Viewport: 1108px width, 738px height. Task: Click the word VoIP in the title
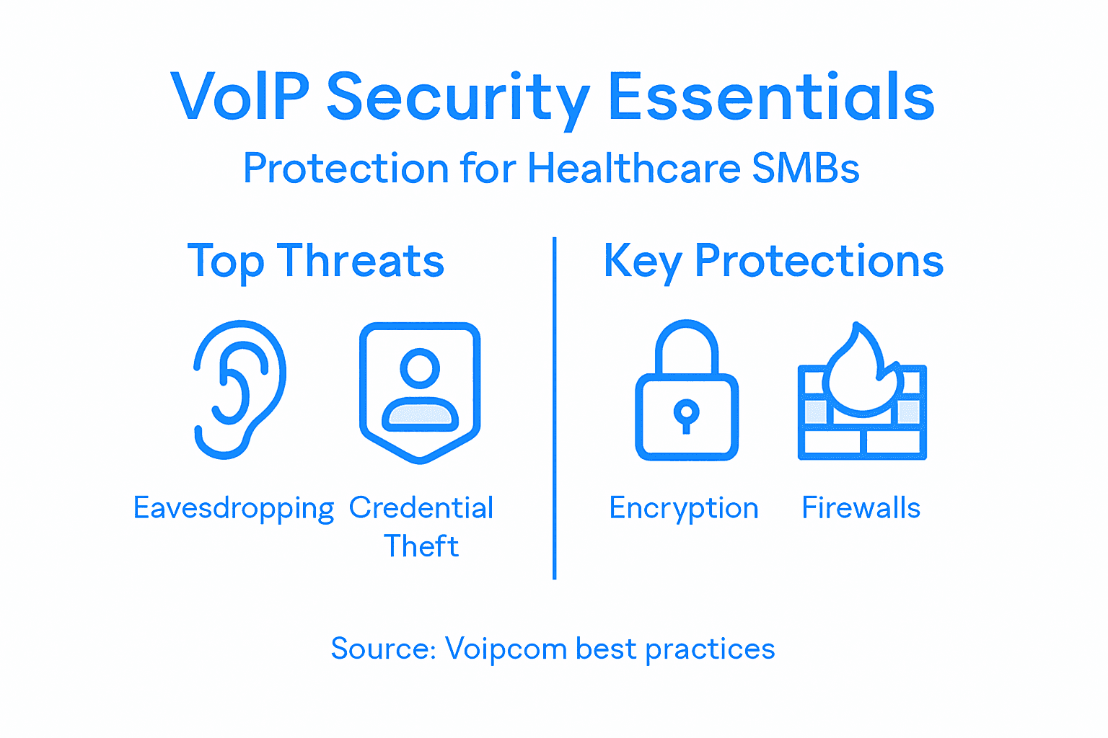click(240, 97)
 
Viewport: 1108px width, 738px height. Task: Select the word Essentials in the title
click(771, 97)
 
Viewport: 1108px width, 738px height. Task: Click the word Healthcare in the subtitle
click(634, 169)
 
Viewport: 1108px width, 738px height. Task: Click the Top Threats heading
click(315, 261)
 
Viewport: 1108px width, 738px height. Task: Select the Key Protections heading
click(773, 261)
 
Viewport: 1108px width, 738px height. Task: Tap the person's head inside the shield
click(420, 368)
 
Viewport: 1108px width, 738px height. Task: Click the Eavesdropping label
click(234, 509)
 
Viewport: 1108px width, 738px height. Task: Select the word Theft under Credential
click(421, 546)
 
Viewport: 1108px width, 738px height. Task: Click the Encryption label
click(683, 509)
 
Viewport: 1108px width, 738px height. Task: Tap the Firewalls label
click(861, 508)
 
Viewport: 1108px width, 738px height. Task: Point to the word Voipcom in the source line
click(506, 649)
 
